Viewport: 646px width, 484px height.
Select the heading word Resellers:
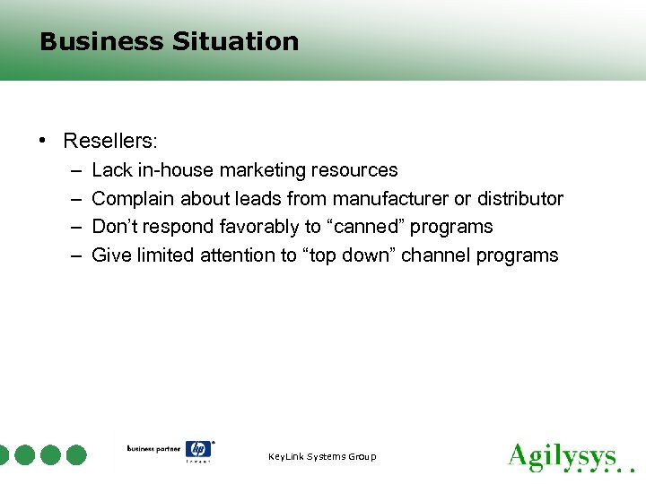[x=110, y=141]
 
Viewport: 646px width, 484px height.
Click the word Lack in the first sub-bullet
[x=111, y=169]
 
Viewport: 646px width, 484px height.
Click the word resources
[x=355, y=169]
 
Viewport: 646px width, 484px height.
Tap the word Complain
[x=131, y=198]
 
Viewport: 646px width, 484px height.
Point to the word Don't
[x=115, y=227]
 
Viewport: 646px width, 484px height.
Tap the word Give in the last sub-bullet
[x=111, y=255]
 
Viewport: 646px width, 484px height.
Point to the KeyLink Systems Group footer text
[x=323, y=457]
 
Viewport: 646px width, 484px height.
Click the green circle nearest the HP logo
[x=76, y=455]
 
